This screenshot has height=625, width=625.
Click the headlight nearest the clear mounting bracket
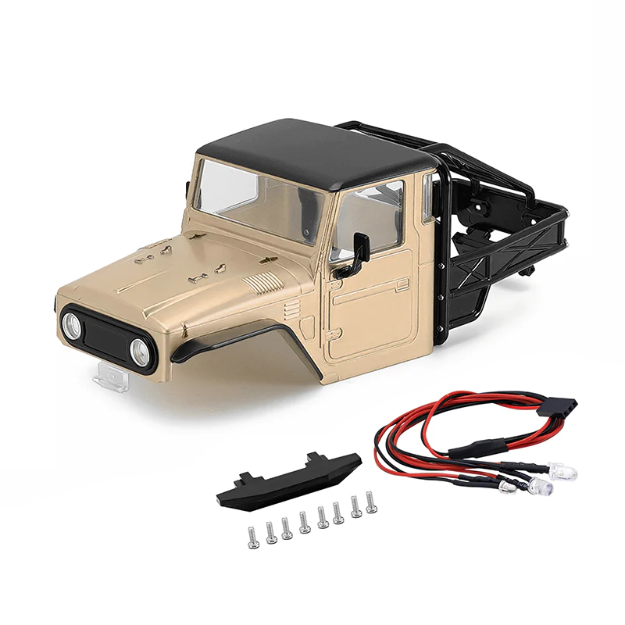point(72,324)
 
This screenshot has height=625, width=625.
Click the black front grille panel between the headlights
point(106,337)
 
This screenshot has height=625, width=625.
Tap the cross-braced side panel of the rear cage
point(500,250)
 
